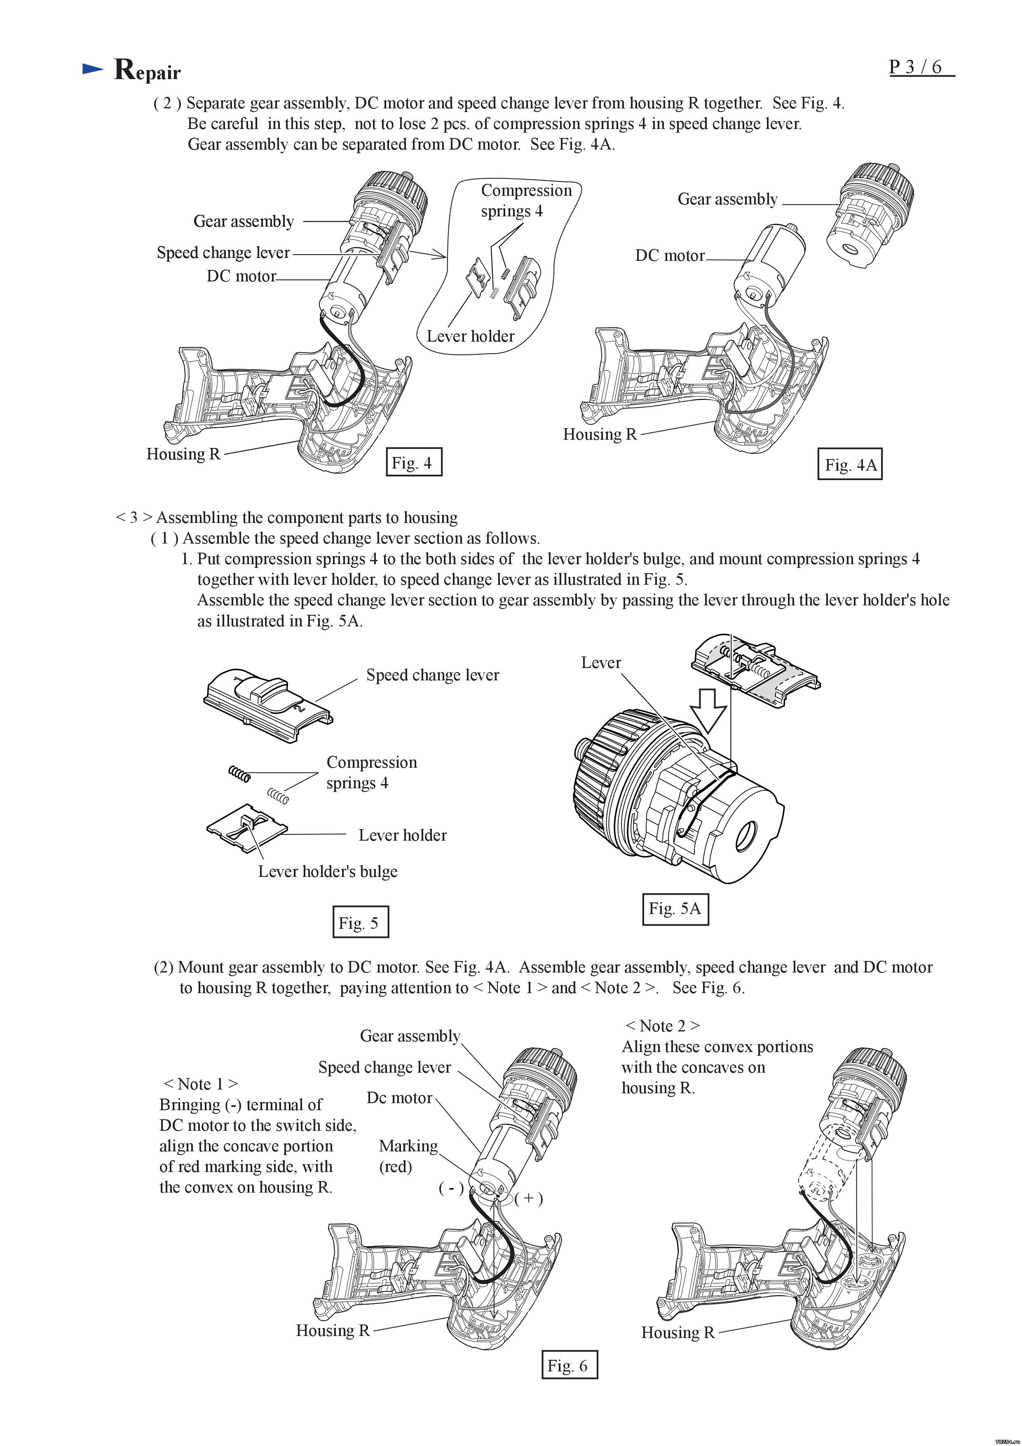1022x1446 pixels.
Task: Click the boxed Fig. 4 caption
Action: click(x=413, y=462)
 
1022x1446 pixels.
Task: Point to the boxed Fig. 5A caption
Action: click(x=675, y=908)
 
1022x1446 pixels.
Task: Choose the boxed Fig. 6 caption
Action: click(x=569, y=1365)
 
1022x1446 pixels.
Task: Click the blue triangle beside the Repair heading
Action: click(x=93, y=69)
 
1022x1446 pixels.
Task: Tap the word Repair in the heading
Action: click(x=148, y=70)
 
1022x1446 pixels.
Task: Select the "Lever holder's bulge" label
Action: click(x=328, y=872)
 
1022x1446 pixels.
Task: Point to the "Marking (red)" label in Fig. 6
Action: click(x=408, y=1156)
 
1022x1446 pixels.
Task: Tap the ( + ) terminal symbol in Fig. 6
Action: click(x=528, y=1198)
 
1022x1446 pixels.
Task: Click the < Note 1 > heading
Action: click(x=201, y=1084)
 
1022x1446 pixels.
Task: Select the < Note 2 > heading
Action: click(x=662, y=1026)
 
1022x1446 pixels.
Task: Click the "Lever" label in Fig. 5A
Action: click(x=601, y=663)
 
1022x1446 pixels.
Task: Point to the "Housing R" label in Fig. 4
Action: click(x=183, y=454)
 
